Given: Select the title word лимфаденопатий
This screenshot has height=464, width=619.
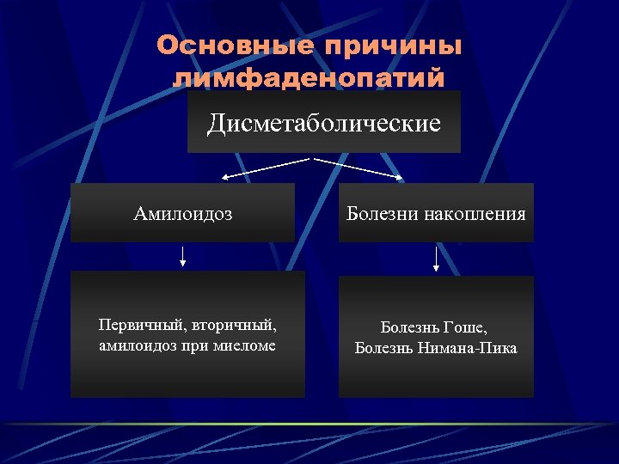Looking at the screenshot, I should pos(309,78).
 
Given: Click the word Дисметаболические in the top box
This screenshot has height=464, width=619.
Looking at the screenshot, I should pos(323,124).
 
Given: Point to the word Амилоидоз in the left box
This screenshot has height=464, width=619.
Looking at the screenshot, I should pos(183,213).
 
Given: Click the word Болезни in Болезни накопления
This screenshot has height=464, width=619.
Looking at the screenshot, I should pos(382,213).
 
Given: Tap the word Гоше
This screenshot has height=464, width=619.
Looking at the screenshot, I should pos(469,327).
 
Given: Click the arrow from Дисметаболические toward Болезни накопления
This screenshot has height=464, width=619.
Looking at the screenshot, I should pos(359,168).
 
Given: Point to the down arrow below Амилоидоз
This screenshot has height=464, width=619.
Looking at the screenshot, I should pos(182,256).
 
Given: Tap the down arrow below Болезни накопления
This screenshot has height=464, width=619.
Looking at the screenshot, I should pos(436,258).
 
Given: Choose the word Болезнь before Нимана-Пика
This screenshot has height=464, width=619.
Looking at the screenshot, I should pos(387,348).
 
